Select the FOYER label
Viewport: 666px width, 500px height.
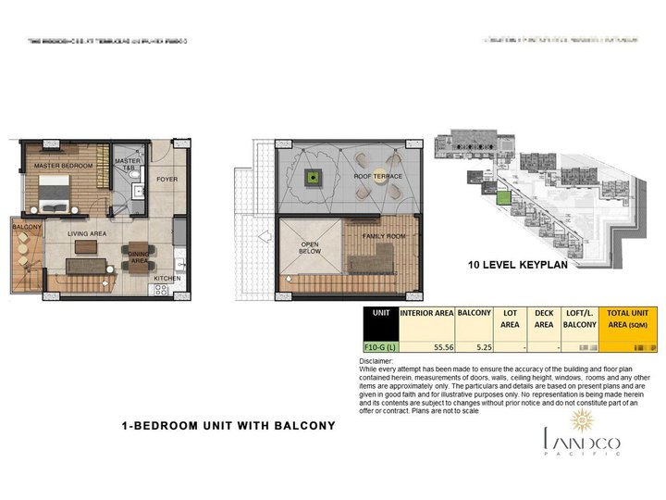pos(166,179)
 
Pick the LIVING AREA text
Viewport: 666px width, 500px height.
pos(88,234)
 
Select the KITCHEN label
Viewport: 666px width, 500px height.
pos(166,277)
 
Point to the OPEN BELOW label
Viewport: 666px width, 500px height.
pos(309,248)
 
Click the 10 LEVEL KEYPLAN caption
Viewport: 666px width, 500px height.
pos(516,265)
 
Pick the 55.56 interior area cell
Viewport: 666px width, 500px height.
pos(426,348)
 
